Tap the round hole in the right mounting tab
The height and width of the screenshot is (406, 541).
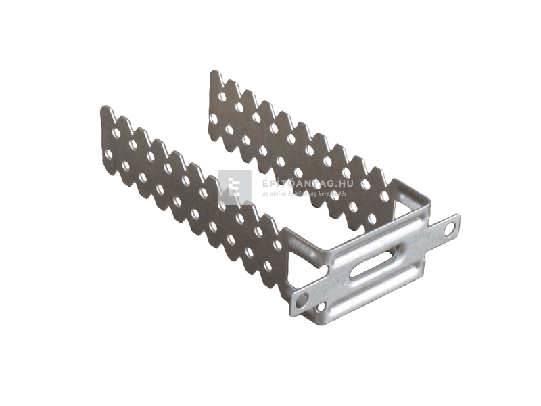click(448, 229)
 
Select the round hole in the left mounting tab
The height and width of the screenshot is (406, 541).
click(302, 298)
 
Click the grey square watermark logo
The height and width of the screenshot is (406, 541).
click(235, 187)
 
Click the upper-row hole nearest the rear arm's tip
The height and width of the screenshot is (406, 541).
click(222, 97)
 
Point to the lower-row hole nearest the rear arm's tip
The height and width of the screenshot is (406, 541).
click(214, 118)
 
